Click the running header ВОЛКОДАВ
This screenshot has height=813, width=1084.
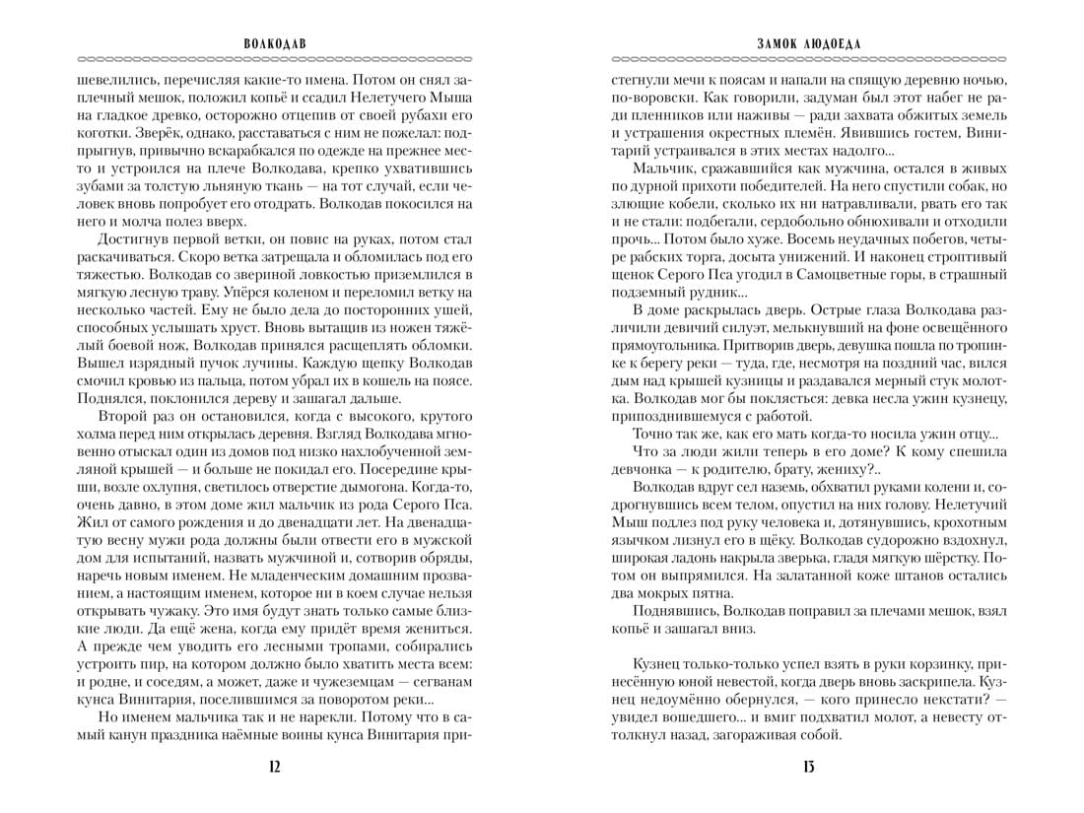[275, 44]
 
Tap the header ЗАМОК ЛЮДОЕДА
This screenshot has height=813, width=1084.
[809, 44]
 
